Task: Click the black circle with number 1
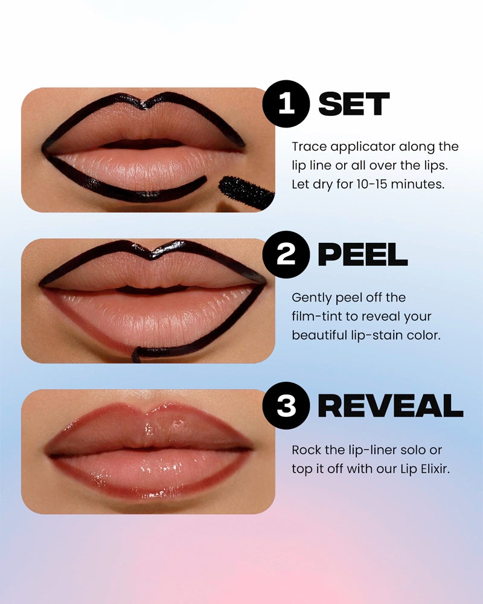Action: tap(286, 104)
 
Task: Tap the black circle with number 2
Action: tap(286, 255)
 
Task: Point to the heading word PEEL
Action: tap(362, 256)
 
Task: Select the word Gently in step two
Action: tap(311, 298)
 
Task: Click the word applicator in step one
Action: tap(363, 147)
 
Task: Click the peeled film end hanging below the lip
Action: tap(136, 355)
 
